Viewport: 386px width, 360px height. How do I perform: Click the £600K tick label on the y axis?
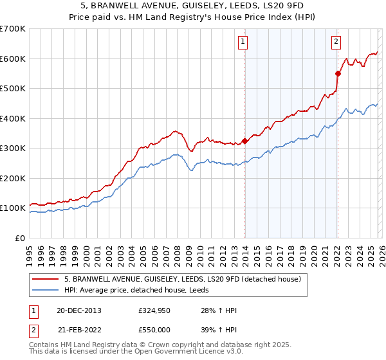(13, 59)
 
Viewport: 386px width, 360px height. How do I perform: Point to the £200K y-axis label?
(13, 178)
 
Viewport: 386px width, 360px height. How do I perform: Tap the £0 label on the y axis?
(21, 238)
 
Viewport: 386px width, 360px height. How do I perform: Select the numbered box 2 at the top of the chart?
(336, 42)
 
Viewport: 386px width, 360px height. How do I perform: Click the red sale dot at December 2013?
(245, 141)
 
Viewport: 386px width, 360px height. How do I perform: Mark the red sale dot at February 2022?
(338, 73)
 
